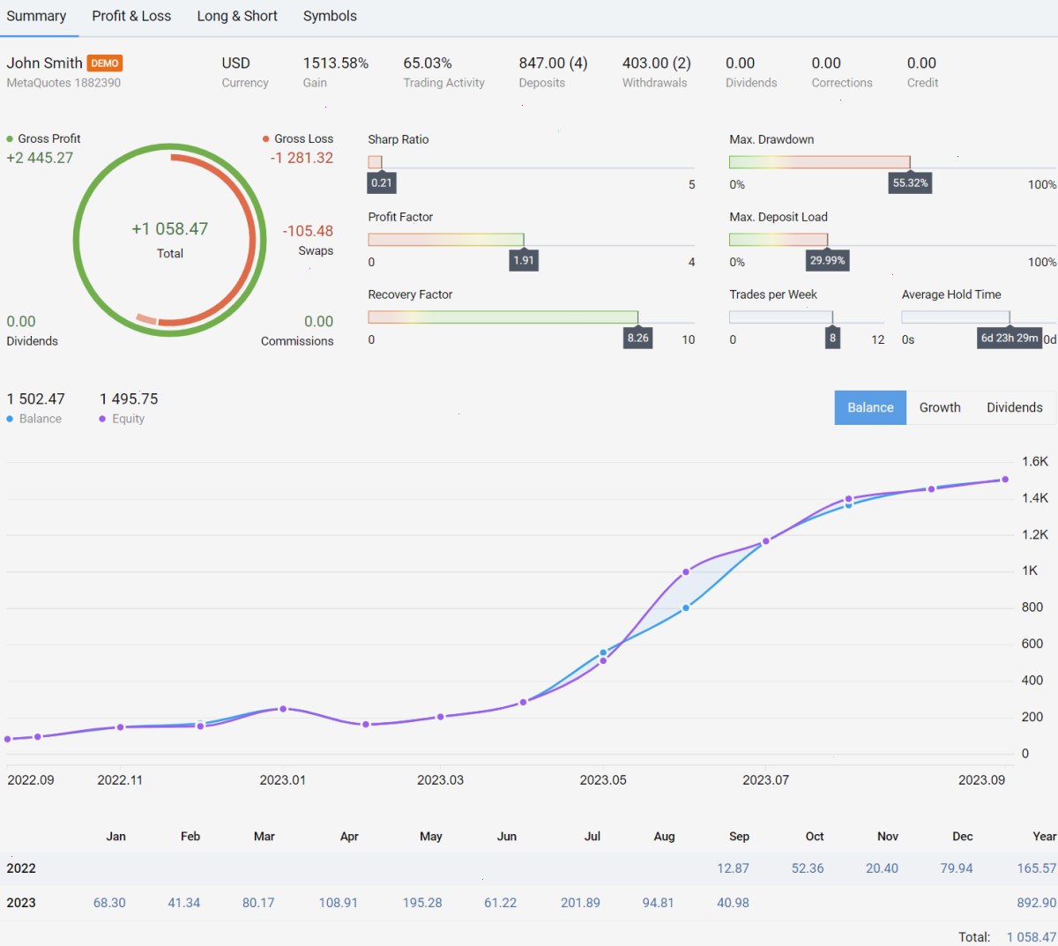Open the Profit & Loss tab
(x=131, y=16)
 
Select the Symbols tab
(x=330, y=16)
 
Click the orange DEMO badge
(x=104, y=63)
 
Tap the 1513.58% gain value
(x=336, y=63)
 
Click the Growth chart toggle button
(x=940, y=407)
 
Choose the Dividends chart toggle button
(x=1014, y=407)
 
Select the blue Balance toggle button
(x=870, y=407)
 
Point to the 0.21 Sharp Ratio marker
(x=381, y=182)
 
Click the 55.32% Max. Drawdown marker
(x=910, y=182)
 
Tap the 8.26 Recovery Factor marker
(x=637, y=338)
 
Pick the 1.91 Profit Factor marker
(x=523, y=260)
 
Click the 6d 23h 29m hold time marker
(x=1009, y=338)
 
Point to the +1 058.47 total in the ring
(x=169, y=229)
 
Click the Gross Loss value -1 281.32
(x=302, y=158)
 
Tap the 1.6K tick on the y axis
(x=1034, y=461)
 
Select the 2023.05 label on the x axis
(x=603, y=780)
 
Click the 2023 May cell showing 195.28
(x=422, y=903)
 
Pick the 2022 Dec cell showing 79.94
(x=957, y=868)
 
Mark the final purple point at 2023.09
(x=1005, y=480)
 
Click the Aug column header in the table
(x=664, y=837)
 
